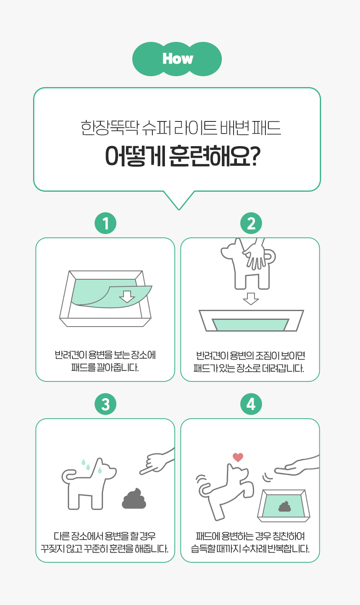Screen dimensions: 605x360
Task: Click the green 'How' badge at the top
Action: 177,59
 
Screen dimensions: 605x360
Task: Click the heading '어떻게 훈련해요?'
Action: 183,157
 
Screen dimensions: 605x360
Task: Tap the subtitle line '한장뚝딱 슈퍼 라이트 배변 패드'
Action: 180,127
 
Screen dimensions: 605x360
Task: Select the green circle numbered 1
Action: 105,223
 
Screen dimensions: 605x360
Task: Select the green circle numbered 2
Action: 251,223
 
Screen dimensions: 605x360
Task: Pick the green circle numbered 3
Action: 105,404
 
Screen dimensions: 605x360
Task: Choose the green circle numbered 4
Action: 251,404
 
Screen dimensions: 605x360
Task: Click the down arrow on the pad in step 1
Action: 127,296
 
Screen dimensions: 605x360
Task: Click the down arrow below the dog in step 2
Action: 251,299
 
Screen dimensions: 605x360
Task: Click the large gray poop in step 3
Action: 134,499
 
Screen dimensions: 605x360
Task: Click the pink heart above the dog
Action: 238,457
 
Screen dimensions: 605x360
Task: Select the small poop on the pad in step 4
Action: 285,506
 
